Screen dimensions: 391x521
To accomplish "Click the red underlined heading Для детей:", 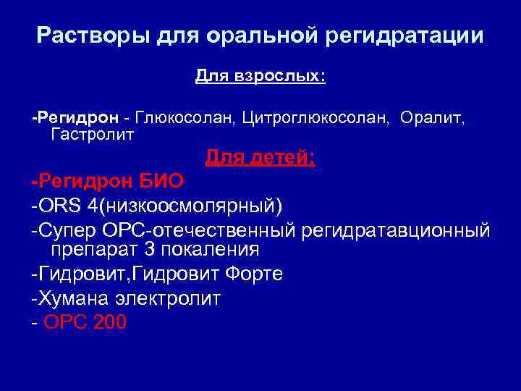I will coord(260,157).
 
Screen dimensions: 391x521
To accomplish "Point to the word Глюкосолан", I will coord(173,117).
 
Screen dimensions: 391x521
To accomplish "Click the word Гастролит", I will coord(93,134).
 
